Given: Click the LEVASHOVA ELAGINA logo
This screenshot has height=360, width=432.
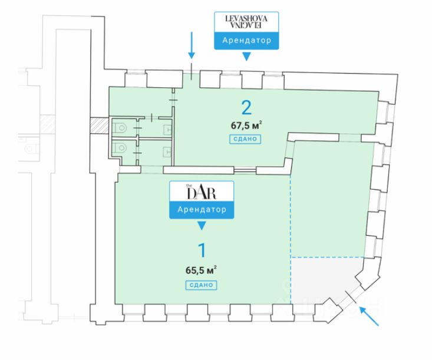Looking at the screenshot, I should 246,22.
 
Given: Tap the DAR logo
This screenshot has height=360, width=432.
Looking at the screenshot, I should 202,191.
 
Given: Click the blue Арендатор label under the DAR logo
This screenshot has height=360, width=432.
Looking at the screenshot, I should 202,209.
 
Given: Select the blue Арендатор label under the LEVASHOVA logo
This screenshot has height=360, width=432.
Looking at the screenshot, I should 246,41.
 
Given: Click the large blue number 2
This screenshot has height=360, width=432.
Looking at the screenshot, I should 246,107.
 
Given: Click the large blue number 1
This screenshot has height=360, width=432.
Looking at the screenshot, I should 202,250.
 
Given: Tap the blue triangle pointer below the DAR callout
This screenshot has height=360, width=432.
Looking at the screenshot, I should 202,225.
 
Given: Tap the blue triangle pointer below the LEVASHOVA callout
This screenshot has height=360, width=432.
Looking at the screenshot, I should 246,57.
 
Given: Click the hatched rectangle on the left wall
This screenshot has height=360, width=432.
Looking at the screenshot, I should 96,125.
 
